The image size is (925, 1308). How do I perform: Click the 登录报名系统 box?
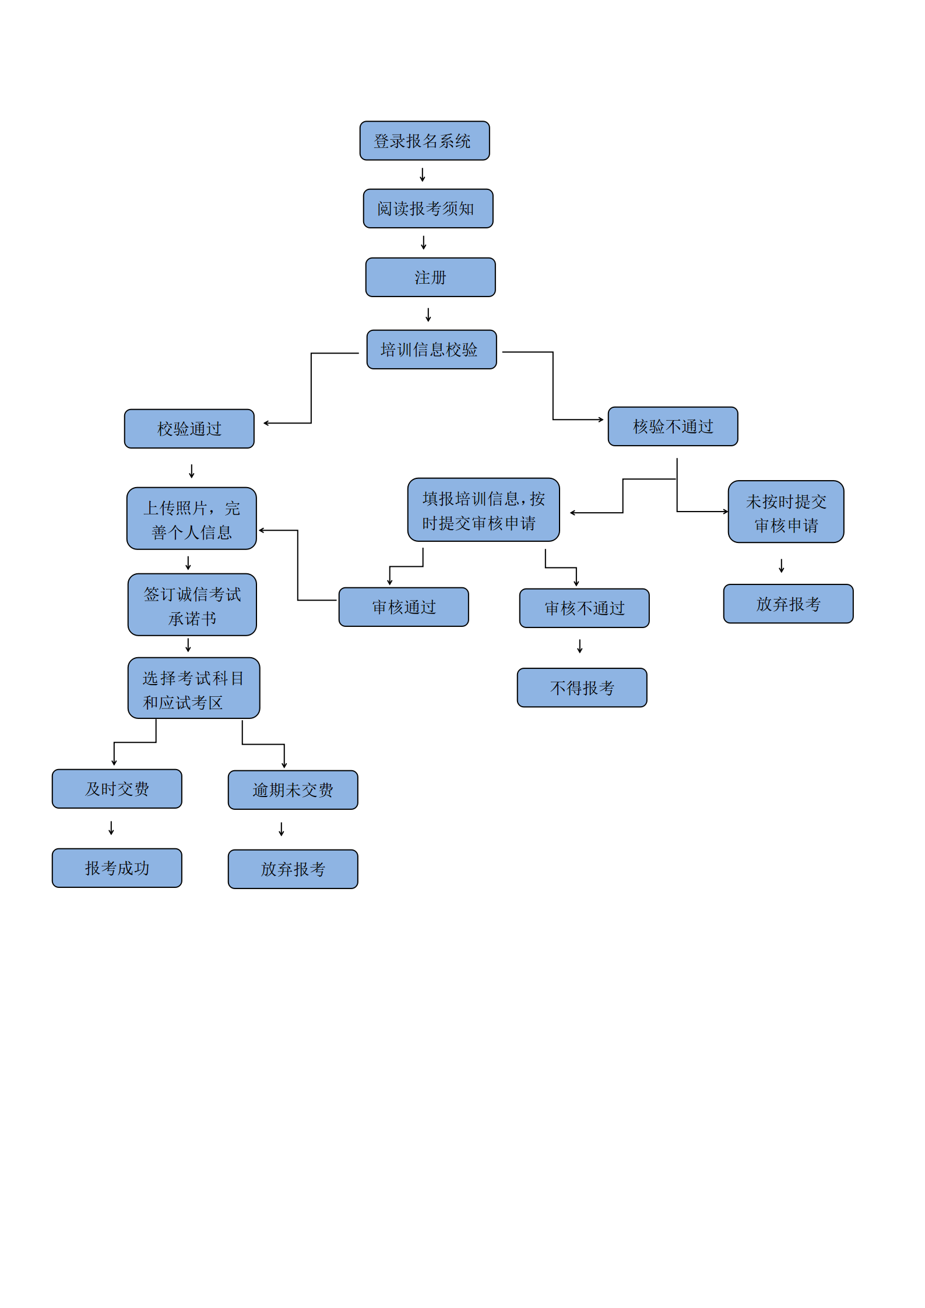pyautogui.click(x=424, y=141)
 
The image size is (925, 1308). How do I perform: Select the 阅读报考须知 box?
pyautogui.click(x=428, y=209)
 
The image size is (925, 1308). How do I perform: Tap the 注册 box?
pyautogui.click(x=430, y=277)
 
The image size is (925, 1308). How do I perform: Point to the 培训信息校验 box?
pyautogui.click(x=431, y=350)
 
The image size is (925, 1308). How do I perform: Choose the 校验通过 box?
pyautogui.click(x=189, y=429)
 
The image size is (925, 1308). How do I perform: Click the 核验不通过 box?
pyautogui.click(x=673, y=426)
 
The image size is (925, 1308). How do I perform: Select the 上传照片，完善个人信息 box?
pyautogui.click(x=191, y=519)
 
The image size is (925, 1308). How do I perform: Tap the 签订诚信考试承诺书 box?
pyautogui.click(x=192, y=605)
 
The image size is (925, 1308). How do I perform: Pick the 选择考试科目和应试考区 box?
pyautogui.click(x=194, y=688)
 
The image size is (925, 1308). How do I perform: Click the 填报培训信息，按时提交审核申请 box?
pyautogui.click(x=483, y=510)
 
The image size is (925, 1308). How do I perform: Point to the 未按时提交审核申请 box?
pyautogui.click(x=786, y=512)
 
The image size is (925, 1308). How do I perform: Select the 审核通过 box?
pyautogui.click(x=403, y=607)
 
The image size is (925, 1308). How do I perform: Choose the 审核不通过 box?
pyautogui.click(x=584, y=608)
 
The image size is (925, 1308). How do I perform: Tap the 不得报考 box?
pyautogui.click(x=582, y=688)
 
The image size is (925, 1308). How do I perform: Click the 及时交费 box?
pyautogui.click(x=117, y=789)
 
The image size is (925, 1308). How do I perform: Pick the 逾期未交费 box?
pyautogui.click(x=293, y=790)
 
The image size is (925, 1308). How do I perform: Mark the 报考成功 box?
pyautogui.click(x=117, y=868)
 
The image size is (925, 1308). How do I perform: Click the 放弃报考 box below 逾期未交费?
pyautogui.click(x=293, y=869)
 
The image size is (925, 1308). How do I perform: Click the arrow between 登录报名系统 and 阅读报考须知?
pyautogui.click(x=423, y=175)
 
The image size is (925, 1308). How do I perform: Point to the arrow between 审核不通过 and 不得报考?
pyautogui.click(x=580, y=646)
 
